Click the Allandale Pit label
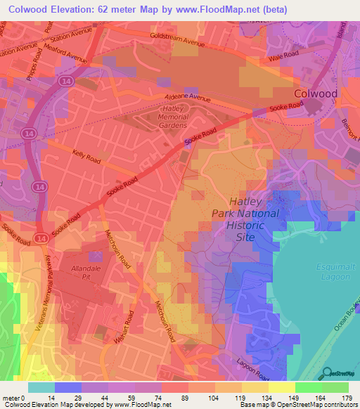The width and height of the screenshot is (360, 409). click(x=88, y=273)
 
